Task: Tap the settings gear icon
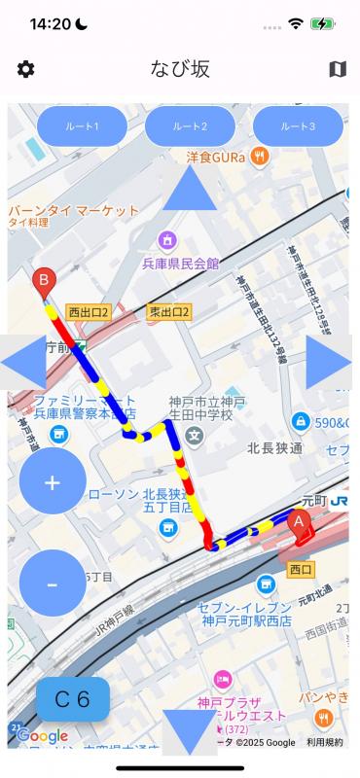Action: click(26, 69)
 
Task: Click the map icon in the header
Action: click(338, 69)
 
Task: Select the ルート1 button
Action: click(82, 126)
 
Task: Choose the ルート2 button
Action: click(190, 126)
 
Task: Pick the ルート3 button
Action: click(298, 126)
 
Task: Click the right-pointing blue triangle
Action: click(331, 363)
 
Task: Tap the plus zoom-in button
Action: click(53, 482)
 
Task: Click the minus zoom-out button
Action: click(53, 583)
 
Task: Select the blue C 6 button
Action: click(73, 698)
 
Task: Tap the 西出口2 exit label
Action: click(89, 312)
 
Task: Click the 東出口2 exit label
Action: click(169, 312)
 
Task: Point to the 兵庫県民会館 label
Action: click(181, 263)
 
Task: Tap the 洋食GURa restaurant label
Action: click(216, 156)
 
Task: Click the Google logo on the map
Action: click(43, 736)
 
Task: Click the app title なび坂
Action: click(180, 69)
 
